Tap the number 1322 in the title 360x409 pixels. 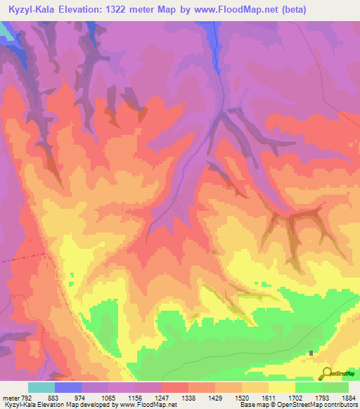[134, 11]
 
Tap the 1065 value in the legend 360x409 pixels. [108, 397]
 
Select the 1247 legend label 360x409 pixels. [161, 397]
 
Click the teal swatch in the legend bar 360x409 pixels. [41, 387]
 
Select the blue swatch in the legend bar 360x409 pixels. [68, 387]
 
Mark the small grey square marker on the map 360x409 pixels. [311, 353]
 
